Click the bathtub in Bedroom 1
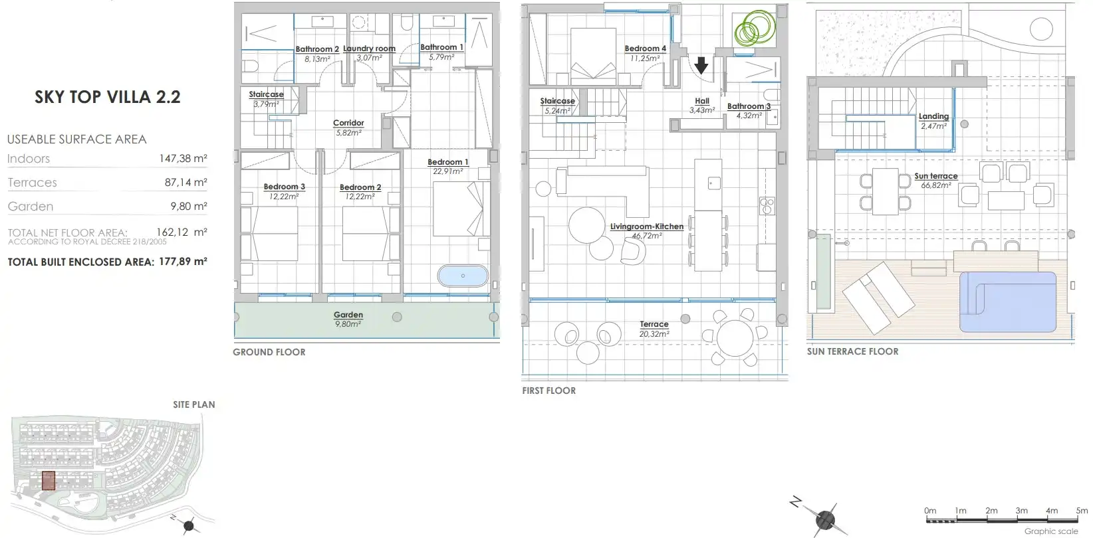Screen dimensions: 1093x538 [463, 276]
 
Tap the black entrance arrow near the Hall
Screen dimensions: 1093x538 [701, 65]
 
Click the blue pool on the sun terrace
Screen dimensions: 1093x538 [1008, 302]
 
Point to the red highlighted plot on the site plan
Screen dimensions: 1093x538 [49, 480]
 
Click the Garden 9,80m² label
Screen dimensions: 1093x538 [348, 319]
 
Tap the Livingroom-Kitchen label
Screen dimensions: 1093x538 [646, 231]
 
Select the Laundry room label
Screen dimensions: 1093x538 [369, 52]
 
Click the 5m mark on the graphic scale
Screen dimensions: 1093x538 [1082, 511]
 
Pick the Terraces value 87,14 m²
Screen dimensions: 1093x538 [186, 182]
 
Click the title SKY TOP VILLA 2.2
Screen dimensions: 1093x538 [107, 97]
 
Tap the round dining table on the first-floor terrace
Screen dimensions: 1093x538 [735, 338]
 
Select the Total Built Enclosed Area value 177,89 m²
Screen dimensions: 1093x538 [183, 262]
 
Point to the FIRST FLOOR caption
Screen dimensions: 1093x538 [549, 391]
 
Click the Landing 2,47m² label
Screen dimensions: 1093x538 [933, 121]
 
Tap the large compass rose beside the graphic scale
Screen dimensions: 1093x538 [824, 518]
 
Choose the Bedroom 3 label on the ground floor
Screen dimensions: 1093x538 [284, 191]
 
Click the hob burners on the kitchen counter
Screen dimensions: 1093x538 [767, 206]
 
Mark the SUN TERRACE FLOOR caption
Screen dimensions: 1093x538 [852, 351]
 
